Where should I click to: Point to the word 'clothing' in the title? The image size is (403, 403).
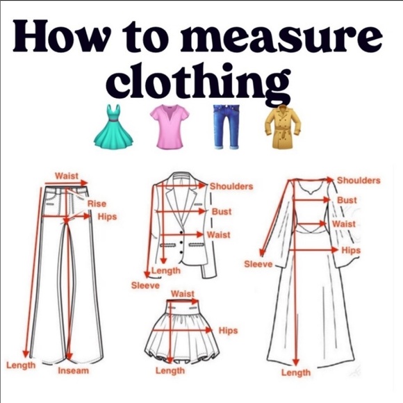(x=201, y=83)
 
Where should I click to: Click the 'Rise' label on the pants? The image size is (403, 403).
(x=97, y=203)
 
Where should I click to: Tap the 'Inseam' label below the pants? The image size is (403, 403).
(x=73, y=371)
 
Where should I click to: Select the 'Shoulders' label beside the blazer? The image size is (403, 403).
(x=231, y=186)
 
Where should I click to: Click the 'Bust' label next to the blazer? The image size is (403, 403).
(x=222, y=211)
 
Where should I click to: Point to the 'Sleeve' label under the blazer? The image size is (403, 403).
(x=145, y=286)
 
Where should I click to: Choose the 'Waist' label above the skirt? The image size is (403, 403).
(x=182, y=294)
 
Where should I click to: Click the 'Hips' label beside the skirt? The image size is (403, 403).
(x=228, y=331)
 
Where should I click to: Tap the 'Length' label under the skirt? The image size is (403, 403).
(x=170, y=371)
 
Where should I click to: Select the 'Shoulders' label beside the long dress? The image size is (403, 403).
(x=359, y=181)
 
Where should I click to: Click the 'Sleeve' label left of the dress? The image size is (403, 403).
(x=258, y=264)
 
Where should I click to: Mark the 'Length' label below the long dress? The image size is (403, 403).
(x=295, y=373)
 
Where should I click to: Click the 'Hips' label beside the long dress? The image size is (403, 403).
(x=351, y=250)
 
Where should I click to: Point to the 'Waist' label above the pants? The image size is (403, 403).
(x=67, y=176)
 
